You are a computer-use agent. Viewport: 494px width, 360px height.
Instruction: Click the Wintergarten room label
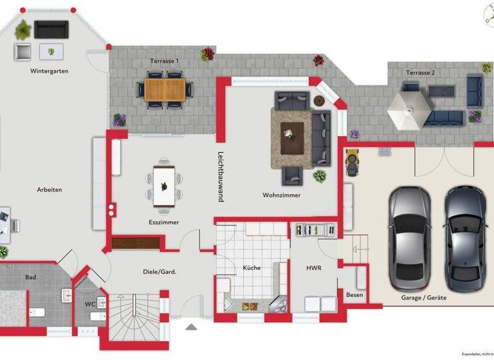point(49,71)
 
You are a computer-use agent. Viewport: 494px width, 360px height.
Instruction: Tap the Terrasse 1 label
point(165,60)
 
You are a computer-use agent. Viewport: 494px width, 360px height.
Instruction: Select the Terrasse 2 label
point(420,73)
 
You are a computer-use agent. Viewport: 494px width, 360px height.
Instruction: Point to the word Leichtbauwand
point(220,177)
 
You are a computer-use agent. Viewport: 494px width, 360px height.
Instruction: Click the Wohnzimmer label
point(281,195)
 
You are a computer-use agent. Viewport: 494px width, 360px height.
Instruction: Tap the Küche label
point(252,267)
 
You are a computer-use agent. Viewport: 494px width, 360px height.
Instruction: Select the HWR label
point(314,267)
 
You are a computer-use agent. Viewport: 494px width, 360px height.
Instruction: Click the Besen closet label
point(354,295)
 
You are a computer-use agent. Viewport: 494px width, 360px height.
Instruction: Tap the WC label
point(90,303)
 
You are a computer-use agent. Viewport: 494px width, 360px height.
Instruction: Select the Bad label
point(31,277)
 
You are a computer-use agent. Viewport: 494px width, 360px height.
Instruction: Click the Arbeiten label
point(49,190)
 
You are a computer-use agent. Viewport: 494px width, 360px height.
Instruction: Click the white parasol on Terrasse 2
point(408,105)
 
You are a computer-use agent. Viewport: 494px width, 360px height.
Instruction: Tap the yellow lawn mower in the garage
point(352,161)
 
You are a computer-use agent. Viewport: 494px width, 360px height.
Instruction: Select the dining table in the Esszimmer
point(164,186)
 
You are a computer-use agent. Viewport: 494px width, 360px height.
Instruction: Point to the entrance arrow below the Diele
point(191,327)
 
